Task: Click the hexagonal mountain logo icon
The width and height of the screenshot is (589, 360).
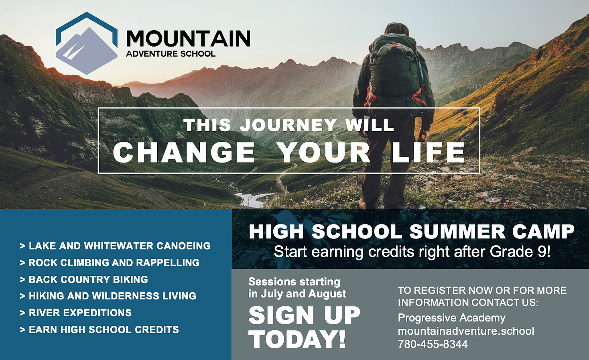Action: point(87,43)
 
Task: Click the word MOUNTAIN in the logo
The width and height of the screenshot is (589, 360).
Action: point(188,39)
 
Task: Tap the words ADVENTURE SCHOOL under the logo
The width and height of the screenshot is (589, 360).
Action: point(171,54)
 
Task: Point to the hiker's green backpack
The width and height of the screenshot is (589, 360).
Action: point(395,71)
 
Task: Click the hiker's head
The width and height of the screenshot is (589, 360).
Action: point(397,29)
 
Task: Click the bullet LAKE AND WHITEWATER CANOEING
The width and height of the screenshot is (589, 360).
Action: point(115,246)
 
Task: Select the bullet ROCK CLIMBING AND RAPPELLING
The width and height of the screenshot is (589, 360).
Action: point(110,263)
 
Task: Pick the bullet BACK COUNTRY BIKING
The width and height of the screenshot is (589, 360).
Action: point(84,280)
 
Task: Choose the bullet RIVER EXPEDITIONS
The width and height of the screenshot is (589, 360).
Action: point(76,313)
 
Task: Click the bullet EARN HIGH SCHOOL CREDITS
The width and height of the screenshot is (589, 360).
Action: point(100,330)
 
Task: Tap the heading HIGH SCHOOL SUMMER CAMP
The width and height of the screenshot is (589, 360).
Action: point(412,232)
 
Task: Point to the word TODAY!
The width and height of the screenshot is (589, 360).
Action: point(297,339)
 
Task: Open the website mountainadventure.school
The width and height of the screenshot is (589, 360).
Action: point(466,331)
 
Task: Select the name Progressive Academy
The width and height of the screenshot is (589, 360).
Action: point(451,318)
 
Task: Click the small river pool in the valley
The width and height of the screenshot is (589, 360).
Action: point(252,199)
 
